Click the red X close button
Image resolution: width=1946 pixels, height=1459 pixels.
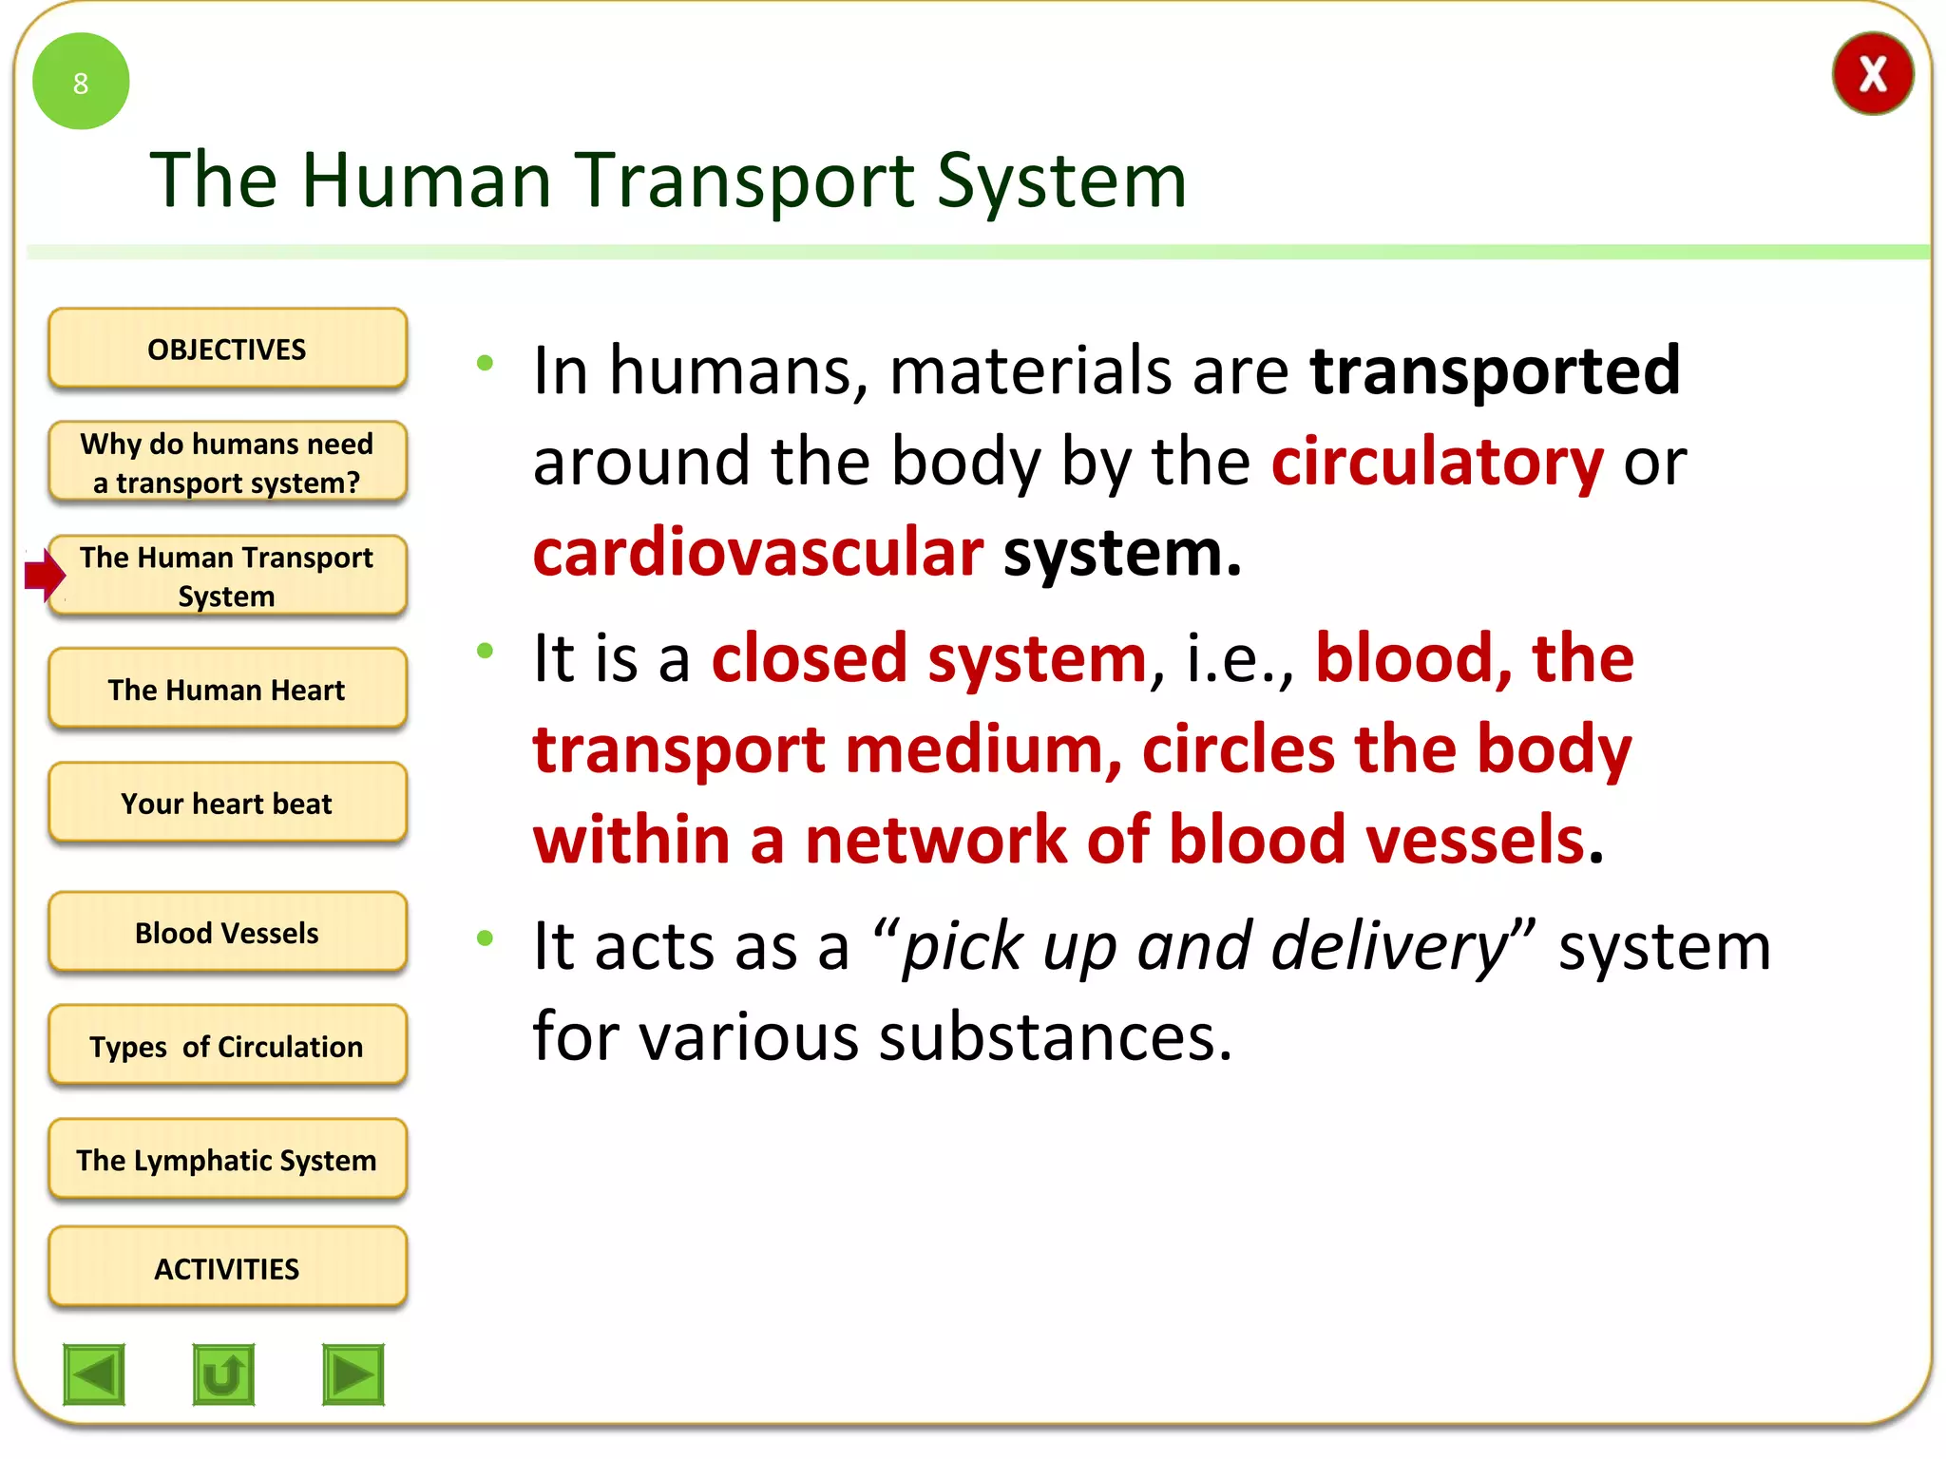[1872, 74]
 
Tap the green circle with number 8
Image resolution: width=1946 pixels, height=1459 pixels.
[81, 82]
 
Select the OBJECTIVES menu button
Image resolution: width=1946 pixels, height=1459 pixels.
[227, 349]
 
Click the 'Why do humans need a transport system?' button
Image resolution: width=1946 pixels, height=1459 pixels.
[227, 463]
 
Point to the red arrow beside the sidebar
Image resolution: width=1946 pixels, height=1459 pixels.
[44, 575]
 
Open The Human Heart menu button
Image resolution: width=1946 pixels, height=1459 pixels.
[227, 690]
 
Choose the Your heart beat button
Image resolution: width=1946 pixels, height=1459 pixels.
[227, 804]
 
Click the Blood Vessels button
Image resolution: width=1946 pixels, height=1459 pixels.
[227, 933]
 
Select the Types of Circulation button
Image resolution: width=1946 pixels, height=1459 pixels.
[227, 1046]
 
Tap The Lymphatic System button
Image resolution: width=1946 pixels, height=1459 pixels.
[227, 1160]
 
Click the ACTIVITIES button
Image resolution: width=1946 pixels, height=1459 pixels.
[227, 1268]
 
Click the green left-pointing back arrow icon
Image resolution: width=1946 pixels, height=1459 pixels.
[94, 1374]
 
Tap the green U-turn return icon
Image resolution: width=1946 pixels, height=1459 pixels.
[223, 1374]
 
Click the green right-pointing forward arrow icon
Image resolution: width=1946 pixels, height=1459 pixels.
[353, 1374]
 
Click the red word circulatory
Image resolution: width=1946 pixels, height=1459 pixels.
[1438, 463]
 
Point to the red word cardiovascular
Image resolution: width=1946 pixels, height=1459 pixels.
[757, 554]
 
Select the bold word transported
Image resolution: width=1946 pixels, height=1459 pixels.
[1495, 370]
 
